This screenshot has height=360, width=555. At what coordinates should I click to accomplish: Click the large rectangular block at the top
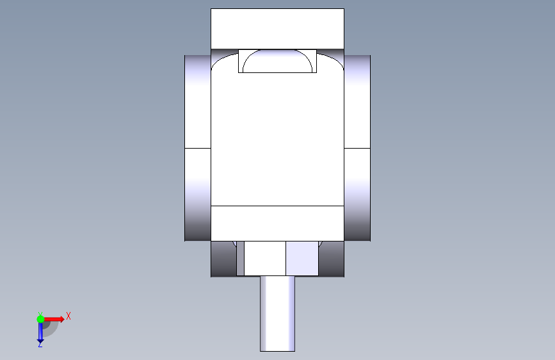click(x=277, y=29)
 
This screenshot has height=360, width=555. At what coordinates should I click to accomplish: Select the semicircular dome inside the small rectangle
click(x=278, y=61)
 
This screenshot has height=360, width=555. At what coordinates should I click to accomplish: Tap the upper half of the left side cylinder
click(x=198, y=102)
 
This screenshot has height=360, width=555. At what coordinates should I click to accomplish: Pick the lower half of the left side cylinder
click(x=198, y=195)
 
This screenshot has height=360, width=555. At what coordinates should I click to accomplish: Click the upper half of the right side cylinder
click(x=357, y=102)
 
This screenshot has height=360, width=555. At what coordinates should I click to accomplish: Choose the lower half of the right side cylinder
click(x=357, y=195)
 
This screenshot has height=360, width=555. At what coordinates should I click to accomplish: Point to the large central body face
click(x=277, y=139)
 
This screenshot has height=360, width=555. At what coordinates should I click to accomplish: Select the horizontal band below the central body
click(x=277, y=223)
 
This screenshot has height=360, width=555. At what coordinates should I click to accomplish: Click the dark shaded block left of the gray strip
click(x=223, y=259)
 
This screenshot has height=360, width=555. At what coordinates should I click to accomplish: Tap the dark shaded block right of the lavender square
click(x=332, y=259)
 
